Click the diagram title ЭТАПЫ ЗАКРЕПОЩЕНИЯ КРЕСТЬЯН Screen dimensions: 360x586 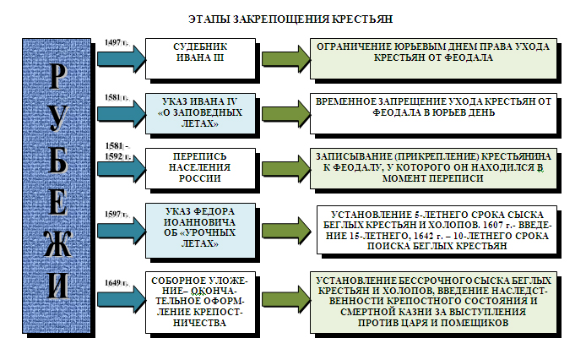(292, 18)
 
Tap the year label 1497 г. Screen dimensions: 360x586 (115, 41)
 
